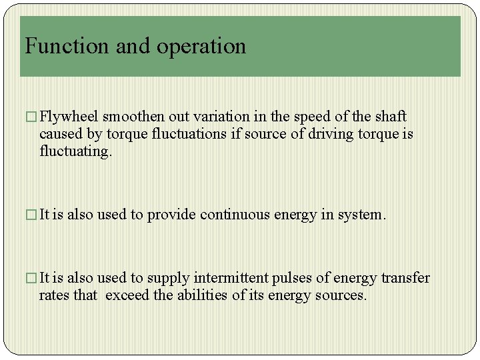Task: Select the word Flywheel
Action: click(69, 117)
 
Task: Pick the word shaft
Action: click(391, 117)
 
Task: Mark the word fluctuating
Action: click(74, 151)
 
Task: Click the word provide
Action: click(171, 215)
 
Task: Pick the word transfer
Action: click(405, 278)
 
